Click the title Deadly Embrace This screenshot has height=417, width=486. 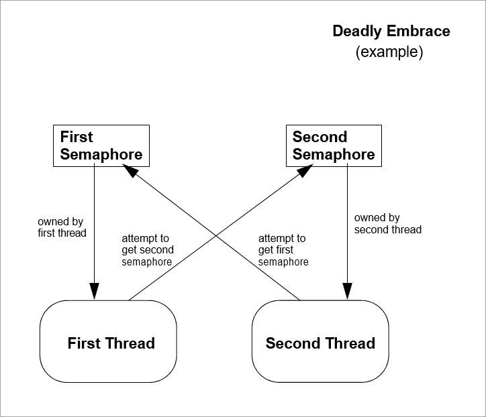pos(391,31)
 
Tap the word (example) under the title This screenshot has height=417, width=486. pos(389,52)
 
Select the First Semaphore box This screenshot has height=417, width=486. pos(101,145)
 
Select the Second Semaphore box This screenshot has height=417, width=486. pos(333,145)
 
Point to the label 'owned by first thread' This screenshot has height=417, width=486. pos(62,227)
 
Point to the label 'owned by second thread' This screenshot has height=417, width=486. pos(387,224)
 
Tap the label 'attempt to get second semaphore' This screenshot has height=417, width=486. pos(148,250)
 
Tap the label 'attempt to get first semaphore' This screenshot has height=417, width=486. pos(283,250)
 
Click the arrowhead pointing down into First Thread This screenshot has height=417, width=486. pos(94,293)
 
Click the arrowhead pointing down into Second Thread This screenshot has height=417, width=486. pos(346,293)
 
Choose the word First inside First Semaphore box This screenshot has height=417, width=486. pos(77,137)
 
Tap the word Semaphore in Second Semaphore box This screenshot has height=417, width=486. pos(334,155)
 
